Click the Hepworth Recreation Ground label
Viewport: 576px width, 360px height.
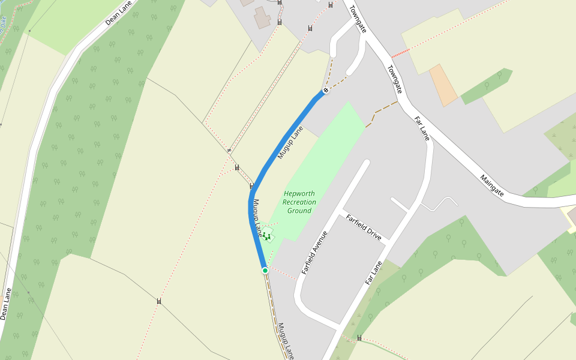[299, 202]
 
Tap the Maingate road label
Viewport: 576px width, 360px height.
[491, 185]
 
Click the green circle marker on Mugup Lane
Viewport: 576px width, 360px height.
[265, 271]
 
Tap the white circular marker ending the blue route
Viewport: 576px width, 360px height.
[326, 90]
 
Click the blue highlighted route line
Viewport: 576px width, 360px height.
[282, 144]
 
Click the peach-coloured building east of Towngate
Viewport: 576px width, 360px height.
[443, 85]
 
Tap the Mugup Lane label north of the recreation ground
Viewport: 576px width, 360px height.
[290, 143]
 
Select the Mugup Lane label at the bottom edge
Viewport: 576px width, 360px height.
[286, 340]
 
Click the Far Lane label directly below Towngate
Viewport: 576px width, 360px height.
[422, 128]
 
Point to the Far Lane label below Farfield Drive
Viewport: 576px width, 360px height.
[373, 273]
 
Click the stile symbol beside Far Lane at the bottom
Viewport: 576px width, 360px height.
[359, 338]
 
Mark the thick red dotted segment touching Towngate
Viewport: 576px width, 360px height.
[400, 53]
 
